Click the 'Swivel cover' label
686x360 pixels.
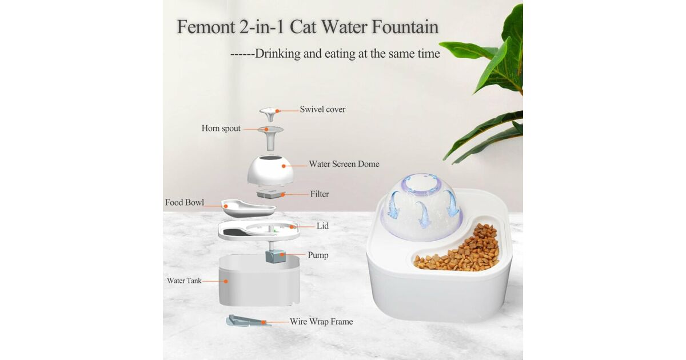(x=322, y=109)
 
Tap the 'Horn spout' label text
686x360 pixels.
(x=221, y=128)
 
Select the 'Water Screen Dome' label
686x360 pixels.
(x=344, y=164)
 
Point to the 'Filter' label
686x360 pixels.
(x=320, y=194)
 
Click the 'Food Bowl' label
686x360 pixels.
(x=184, y=202)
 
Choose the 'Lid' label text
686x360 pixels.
(x=322, y=226)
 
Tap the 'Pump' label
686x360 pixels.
(x=318, y=255)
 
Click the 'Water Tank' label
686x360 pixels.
(x=184, y=281)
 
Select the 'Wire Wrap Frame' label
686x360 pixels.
(x=321, y=322)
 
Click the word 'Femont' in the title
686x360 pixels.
(x=206, y=27)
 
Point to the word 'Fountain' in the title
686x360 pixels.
(x=405, y=27)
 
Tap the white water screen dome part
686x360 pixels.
(x=270, y=170)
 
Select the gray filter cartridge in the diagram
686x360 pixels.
(x=271, y=194)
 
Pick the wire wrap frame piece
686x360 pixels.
(x=248, y=321)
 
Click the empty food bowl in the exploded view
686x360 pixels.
(x=248, y=208)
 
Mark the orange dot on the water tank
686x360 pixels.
(x=226, y=281)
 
